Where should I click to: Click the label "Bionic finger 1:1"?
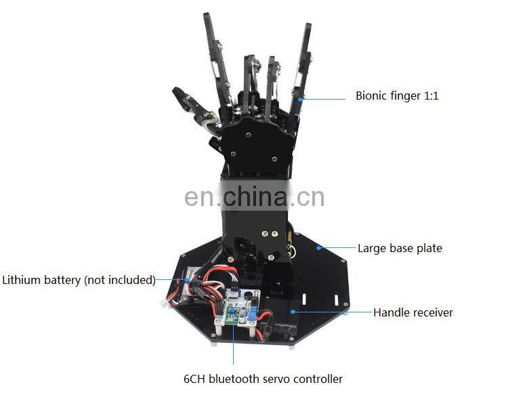point(397,96)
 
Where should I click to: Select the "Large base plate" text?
point(400,248)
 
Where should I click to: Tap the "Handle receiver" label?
point(413,312)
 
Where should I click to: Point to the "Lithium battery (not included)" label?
point(79,280)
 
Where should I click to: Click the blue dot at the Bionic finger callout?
point(299,98)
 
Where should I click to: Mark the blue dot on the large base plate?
point(319,247)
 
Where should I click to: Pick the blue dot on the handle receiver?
point(292,312)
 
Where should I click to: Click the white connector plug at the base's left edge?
point(163,306)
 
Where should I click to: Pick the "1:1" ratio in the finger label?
point(431,96)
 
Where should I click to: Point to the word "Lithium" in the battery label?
point(22,280)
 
